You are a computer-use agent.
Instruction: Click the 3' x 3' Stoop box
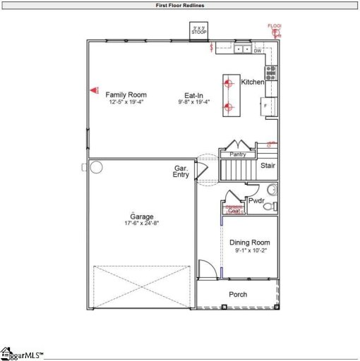[198, 31]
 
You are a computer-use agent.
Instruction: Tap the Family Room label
[126, 94]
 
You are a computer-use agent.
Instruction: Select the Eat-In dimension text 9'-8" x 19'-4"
[196, 102]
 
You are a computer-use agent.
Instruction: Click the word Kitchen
[253, 82]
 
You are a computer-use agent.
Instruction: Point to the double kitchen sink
[242, 50]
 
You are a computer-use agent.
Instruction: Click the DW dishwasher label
[258, 51]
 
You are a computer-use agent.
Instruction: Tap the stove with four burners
[271, 72]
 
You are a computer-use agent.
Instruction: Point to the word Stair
[268, 166]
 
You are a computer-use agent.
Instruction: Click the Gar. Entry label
[181, 171]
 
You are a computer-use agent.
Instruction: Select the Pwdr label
[255, 200]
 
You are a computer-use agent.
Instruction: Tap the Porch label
[238, 294]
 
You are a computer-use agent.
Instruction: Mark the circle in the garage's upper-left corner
[96, 167]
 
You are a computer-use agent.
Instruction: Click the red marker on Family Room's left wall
[93, 90]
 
